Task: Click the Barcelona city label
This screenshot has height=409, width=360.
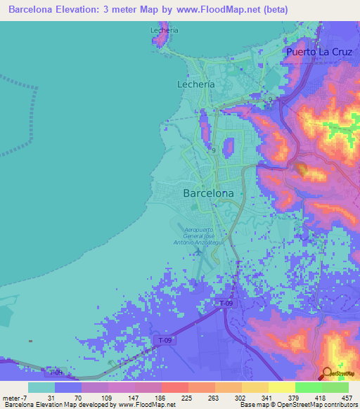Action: tap(208, 193)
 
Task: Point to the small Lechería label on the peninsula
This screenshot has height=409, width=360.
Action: tap(165, 30)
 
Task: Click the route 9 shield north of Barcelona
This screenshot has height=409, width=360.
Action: tap(212, 150)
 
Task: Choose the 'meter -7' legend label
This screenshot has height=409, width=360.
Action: tap(13, 398)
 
